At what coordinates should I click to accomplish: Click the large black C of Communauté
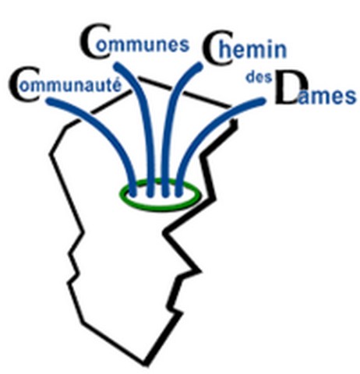click(24, 85)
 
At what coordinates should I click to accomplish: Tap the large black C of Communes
click(96, 41)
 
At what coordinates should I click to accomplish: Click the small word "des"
click(259, 77)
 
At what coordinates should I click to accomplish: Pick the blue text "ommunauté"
click(70, 86)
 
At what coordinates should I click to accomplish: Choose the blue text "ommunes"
click(143, 47)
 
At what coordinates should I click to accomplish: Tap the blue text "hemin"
click(252, 49)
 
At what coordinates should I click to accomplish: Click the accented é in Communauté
click(116, 85)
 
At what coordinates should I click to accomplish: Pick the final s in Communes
click(184, 46)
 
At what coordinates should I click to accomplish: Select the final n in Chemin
click(280, 51)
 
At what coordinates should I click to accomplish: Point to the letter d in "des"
click(251, 77)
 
